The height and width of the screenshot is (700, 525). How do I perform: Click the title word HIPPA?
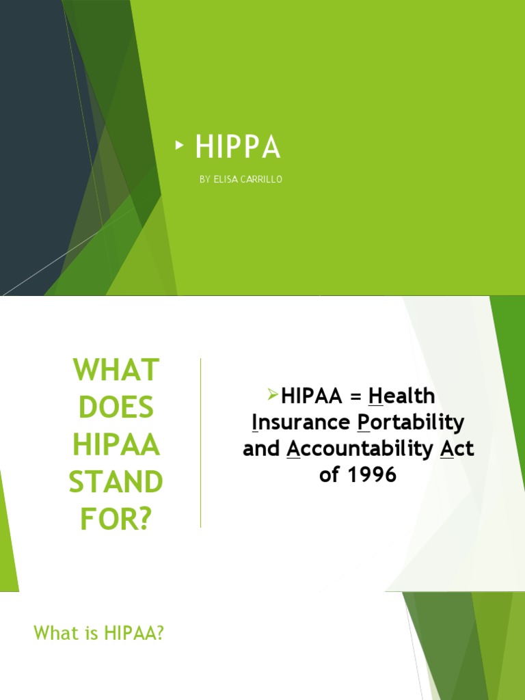coord(237,148)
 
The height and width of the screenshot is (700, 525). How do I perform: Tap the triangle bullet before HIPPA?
coord(179,145)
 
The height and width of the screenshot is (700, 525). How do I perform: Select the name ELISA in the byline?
coord(228,179)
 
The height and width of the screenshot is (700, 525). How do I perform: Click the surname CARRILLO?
coord(263,179)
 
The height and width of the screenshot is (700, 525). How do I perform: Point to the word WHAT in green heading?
coord(116,371)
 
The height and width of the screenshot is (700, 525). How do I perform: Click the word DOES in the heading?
coord(116,408)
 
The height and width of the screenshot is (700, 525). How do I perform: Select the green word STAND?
coord(116,483)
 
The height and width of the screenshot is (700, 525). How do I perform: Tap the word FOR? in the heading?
coord(116,520)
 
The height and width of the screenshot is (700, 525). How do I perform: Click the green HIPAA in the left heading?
coord(116,446)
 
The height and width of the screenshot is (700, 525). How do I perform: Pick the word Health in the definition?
coord(402,396)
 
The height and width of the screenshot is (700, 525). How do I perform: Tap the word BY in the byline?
coord(205,179)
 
